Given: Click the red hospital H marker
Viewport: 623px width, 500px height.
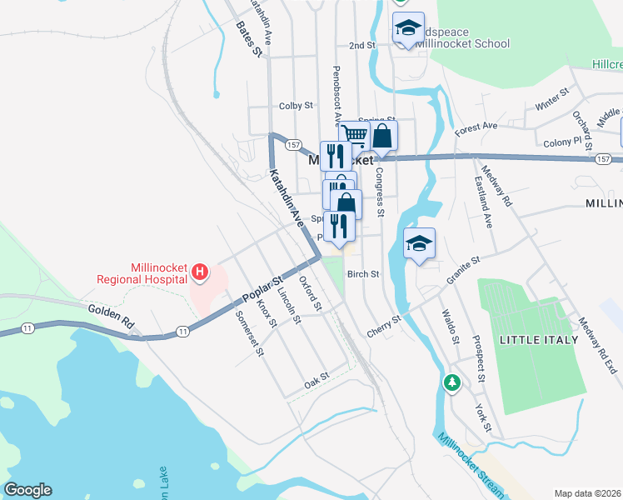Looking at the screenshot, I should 199,271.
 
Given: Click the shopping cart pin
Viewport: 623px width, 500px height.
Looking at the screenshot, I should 354,134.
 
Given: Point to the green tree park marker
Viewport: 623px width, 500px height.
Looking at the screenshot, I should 451,382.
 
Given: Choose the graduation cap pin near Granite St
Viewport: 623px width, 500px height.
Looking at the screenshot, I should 420,243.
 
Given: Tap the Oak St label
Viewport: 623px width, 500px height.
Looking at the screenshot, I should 316,379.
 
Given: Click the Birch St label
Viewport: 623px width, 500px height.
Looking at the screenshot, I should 363,273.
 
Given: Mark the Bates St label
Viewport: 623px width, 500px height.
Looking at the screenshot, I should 249,38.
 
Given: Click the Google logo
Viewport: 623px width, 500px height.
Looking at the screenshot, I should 27,490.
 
